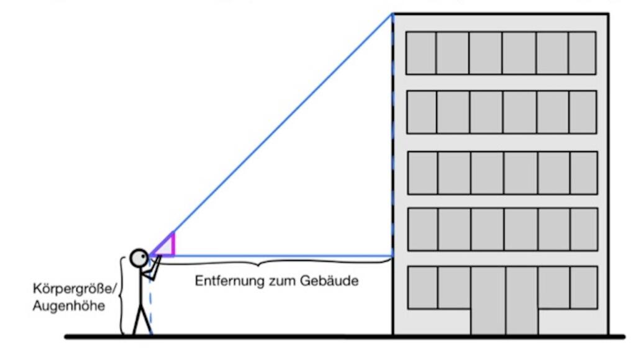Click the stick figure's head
(139, 257)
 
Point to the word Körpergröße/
(74, 289)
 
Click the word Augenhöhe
(68, 306)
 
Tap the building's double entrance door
(504, 300)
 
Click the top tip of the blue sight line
(392, 14)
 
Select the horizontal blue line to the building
(279, 256)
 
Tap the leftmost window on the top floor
(421, 53)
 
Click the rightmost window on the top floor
(582, 53)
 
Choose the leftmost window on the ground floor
(422, 287)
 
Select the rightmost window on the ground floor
(583, 287)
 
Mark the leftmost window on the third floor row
(422, 173)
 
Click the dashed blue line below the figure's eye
(151, 304)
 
